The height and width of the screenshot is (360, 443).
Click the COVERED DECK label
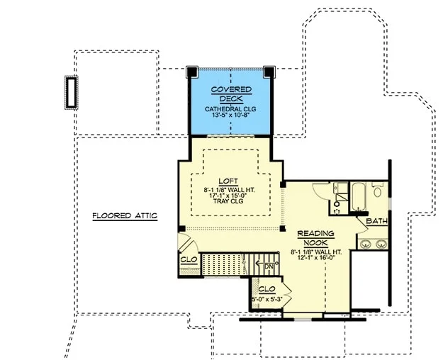231,94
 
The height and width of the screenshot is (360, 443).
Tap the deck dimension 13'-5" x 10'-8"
230,115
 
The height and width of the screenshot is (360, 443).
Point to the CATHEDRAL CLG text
230,109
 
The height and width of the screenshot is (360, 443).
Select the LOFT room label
228,181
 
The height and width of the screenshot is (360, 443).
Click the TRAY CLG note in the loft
228,201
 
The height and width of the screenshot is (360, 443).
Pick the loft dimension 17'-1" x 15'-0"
229,196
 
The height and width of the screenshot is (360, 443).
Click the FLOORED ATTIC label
125,216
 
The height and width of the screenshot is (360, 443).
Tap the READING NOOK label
316,238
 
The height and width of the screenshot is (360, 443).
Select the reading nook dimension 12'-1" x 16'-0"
316,258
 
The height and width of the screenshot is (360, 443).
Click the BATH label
376,221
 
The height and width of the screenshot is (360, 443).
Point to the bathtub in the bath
358,196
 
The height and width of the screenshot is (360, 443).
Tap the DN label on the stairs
269,266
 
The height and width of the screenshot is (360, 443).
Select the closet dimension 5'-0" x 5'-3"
267,299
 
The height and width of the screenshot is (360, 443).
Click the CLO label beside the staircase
189,259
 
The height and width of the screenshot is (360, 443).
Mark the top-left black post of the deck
192,72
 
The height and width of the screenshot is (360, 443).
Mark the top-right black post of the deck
269,72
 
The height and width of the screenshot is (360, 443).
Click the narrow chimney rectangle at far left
71,92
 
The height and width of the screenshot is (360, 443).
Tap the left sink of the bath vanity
365,244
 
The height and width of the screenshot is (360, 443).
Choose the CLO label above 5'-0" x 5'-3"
267,289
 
